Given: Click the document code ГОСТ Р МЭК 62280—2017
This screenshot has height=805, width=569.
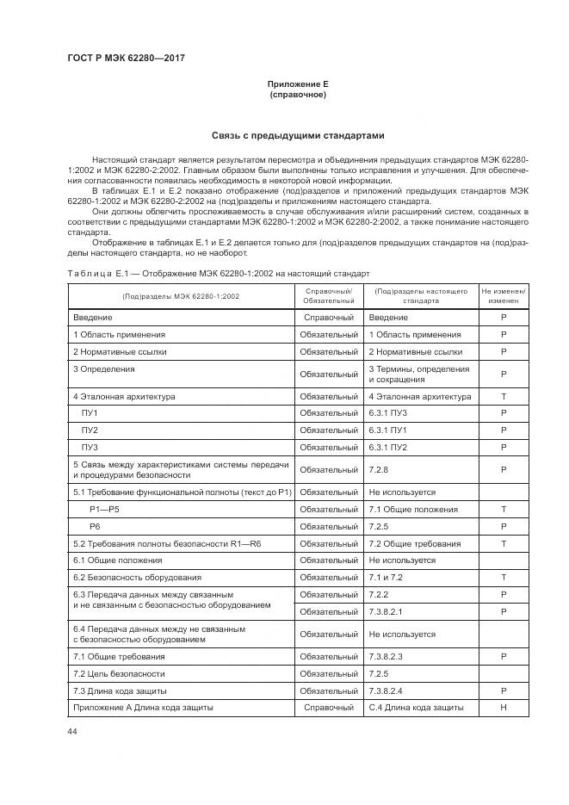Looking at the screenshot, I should (x=126, y=58).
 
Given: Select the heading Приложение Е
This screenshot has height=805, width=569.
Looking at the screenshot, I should (x=298, y=84).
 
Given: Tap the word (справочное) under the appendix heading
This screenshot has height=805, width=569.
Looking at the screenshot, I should (x=298, y=95).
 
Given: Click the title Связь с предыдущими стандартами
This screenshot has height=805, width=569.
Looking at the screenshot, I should (x=298, y=136).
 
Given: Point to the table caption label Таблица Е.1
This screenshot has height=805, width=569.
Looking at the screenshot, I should (x=98, y=274).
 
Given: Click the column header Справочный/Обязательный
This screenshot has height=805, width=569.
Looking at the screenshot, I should (x=329, y=296).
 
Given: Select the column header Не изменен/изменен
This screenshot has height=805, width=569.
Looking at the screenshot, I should (x=504, y=296).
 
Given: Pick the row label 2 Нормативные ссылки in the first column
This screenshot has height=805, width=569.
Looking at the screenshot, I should (x=120, y=351).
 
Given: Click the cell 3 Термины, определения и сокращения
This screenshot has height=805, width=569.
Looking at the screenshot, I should (x=419, y=374).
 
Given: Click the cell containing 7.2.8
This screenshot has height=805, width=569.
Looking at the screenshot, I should (x=379, y=469).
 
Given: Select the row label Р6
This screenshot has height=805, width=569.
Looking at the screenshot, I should (x=96, y=526).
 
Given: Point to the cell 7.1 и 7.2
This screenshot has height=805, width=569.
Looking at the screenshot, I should (x=386, y=577).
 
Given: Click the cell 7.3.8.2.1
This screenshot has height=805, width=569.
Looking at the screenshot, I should (x=386, y=611).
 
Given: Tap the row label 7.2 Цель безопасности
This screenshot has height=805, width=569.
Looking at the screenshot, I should (x=119, y=673).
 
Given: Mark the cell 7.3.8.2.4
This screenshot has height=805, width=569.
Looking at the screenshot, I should (x=386, y=690).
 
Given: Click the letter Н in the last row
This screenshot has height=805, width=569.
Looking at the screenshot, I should (x=504, y=708).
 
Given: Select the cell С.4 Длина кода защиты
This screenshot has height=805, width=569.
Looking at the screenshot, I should (x=416, y=708).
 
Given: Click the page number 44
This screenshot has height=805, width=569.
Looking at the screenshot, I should (x=72, y=731).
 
